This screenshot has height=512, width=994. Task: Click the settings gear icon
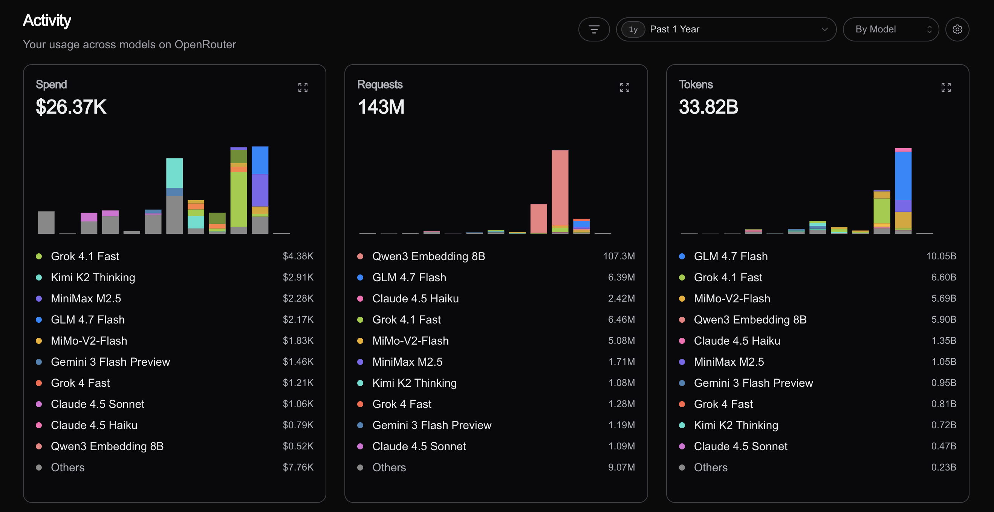pyautogui.click(x=957, y=29)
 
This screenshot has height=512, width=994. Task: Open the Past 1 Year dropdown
pyautogui.click(x=726, y=29)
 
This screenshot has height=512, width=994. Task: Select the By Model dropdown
pyautogui.click(x=891, y=29)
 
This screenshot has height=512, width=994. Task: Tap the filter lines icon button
pyautogui.click(x=594, y=29)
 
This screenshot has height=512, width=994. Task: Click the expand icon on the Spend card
pyautogui.click(x=303, y=87)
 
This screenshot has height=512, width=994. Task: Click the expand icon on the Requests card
pyautogui.click(x=624, y=87)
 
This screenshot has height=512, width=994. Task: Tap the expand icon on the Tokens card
pyautogui.click(x=946, y=87)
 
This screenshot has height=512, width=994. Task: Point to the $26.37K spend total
pyautogui.click(x=71, y=107)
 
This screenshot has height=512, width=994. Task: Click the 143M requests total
pyautogui.click(x=381, y=107)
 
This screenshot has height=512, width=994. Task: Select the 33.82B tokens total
pyautogui.click(x=708, y=107)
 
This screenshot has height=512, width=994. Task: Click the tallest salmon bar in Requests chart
pyautogui.click(x=560, y=188)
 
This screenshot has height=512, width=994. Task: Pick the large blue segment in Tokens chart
pyautogui.click(x=903, y=176)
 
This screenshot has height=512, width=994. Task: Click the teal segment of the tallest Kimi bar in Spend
pyautogui.click(x=174, y=173)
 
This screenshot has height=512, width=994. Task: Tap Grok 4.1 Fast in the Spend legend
pyautogui.click(x=85, y=256)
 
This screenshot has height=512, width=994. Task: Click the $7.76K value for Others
pyautogui.click(x=298, y=467)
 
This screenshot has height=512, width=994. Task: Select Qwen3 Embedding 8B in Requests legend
pyautogui.click(x=428, y=256)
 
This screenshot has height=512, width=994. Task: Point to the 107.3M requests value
pyautogui.click(x=619, y=256)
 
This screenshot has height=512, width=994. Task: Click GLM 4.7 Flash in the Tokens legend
pyautogui.click(x=731, y=256)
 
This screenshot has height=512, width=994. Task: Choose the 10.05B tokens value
pyautogui.click(x=941, y=256)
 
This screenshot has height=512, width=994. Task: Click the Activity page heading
pyautogui.click(x=47, y=20)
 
